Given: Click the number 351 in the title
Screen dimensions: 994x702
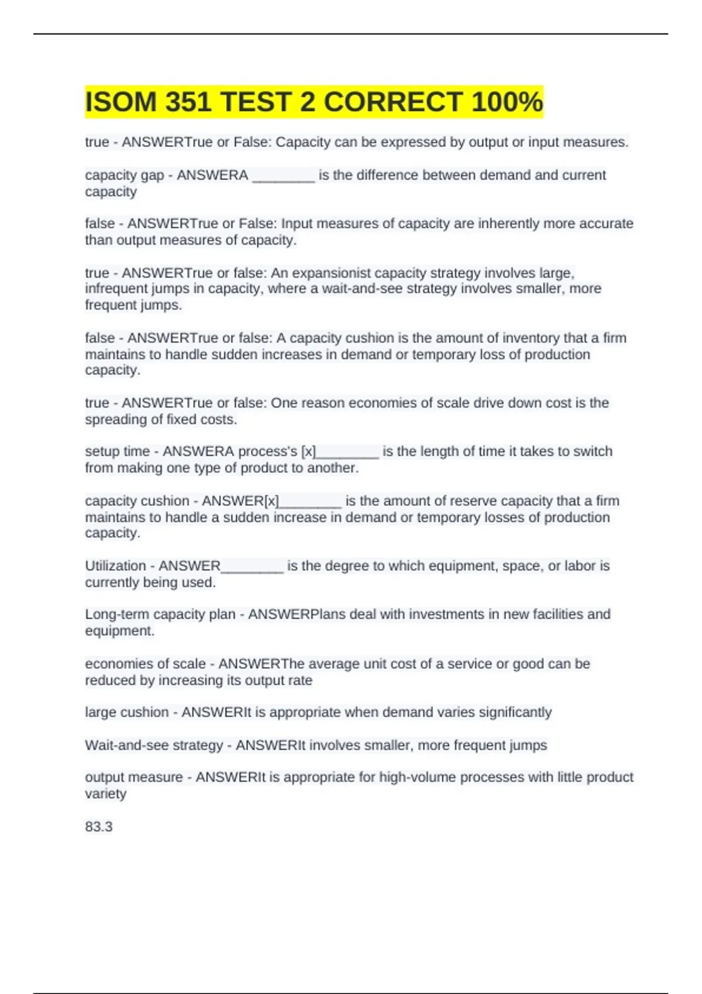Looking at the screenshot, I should [x=188, y=102].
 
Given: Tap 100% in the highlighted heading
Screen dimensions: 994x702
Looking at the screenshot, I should [x=507, y=102].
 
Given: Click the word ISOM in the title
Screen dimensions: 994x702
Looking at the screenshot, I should [x=121, y=102].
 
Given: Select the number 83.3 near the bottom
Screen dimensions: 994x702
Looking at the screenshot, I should [x=99, y=827].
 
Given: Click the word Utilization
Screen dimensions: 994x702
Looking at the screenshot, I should [x=115, y=566].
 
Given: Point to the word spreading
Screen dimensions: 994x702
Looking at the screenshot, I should [x=111, y=420].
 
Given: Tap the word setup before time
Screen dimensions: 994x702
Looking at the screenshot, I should [x=101, y=451].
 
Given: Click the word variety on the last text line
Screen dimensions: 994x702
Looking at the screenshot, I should [x=106, y=794].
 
